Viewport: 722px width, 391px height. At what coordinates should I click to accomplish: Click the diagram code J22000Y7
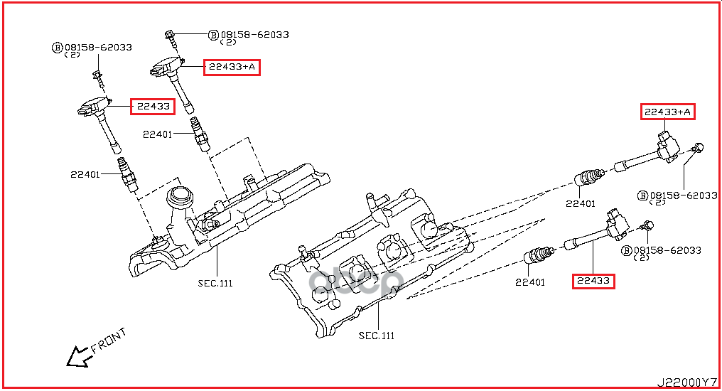click(686, 382)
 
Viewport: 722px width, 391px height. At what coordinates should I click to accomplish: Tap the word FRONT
click(108, 341)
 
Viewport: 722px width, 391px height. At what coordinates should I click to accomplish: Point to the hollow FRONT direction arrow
click(77, 356)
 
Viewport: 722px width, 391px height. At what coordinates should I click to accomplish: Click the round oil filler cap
click(179, 197)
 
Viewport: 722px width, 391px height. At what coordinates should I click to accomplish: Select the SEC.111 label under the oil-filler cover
click(215, 283)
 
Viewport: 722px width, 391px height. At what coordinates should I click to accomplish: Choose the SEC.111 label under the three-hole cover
click(377, 336)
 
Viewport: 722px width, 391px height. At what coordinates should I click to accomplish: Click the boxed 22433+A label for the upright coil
click(232, 68)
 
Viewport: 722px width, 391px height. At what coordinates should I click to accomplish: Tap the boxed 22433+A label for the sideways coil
click(668, 112)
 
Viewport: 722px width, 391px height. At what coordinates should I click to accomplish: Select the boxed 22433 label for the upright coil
click(153, 107)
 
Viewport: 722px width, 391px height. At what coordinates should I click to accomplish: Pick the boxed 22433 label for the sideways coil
click(593, 281)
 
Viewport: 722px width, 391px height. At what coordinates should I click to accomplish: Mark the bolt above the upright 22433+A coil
click(171, 39)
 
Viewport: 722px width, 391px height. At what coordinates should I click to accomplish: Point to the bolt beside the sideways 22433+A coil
click(696, 149)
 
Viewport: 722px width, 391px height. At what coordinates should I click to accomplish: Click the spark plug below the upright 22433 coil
click(128, 174)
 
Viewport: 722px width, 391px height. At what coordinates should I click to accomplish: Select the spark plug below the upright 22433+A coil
click(200, 134)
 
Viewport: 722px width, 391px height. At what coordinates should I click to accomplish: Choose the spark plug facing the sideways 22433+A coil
click(589, 177)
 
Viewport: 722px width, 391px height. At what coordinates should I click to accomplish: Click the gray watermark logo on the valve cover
click(356, 282)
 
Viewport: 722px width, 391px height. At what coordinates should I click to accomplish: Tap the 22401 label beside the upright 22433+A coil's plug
click(158, 134)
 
